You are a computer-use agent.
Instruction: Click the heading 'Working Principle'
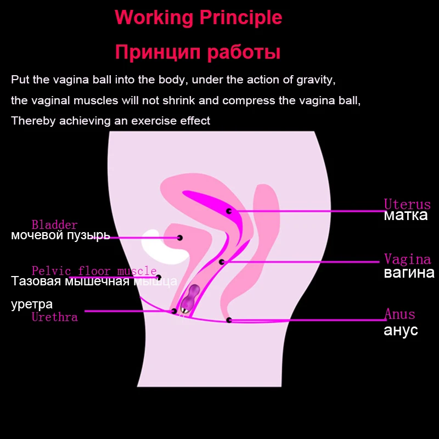(x=198, y=18)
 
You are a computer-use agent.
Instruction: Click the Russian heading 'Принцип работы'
(x=198, y=52)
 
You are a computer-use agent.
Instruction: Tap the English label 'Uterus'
(x=407, y=204)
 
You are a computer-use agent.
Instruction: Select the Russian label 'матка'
(x=406, y=215)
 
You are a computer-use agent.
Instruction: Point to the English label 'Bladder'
(x=54, y=225)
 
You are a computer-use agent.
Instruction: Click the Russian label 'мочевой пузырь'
(x=60, y=235)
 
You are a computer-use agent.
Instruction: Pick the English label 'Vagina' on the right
(x=407, y=259)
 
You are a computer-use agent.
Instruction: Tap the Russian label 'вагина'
(x=409, y=272)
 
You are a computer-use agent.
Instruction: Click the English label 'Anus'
(x=399, y=314)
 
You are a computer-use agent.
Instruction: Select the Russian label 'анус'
(x=401, y=330)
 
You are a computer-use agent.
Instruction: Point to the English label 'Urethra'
(x=54, y=317)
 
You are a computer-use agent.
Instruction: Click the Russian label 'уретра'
(x=32, y=305)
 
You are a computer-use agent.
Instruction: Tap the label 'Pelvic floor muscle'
(x=94, y=271)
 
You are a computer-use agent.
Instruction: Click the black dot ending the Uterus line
(x=229, y=211)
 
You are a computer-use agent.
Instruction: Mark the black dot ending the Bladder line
(x=180, y=238)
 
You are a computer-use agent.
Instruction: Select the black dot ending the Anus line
(x=229, y=320)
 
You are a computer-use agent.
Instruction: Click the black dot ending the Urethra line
(x=174, y=311)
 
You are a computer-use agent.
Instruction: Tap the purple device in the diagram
(x=189, y=299)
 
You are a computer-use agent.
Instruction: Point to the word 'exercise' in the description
(x=154, y=121)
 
